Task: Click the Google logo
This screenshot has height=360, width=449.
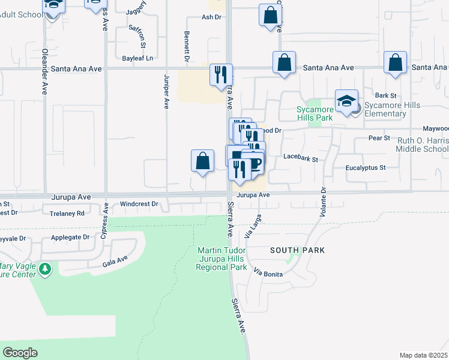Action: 20,353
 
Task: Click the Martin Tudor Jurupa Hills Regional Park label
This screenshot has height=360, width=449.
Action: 221,259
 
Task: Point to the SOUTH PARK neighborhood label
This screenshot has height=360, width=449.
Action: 297,250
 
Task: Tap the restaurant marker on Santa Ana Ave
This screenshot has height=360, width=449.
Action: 221,74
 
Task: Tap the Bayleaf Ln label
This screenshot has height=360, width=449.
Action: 137,58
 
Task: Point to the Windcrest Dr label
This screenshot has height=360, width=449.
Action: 139,204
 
